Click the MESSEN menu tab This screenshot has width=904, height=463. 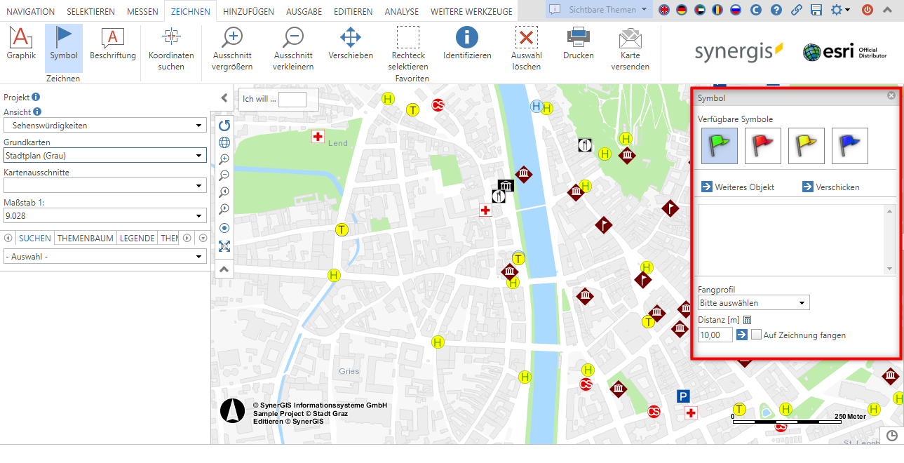[x=142, y=12]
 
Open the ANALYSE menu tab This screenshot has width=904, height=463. [x=401, y=12]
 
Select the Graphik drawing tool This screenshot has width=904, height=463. [x=21, y=43]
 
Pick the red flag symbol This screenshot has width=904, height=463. [x=763, y=146]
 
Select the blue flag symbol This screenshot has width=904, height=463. [x=850, y=146]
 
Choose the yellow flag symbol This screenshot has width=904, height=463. [x=807, y=146]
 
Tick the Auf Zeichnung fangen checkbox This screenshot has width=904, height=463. [x=756, y=335]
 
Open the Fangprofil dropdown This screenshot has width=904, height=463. [x=754, y=303]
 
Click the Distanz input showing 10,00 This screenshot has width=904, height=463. [x=715, y=335]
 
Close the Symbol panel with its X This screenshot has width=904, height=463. [x=891, y=95]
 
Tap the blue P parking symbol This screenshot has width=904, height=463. [x=684, y=396]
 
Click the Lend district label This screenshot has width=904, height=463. [x=337, y=143]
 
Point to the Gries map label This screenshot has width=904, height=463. [x=349, y=371]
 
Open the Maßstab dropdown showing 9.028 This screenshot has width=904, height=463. [x=104, y=216]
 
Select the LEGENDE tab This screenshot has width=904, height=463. [x=137, y=239]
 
